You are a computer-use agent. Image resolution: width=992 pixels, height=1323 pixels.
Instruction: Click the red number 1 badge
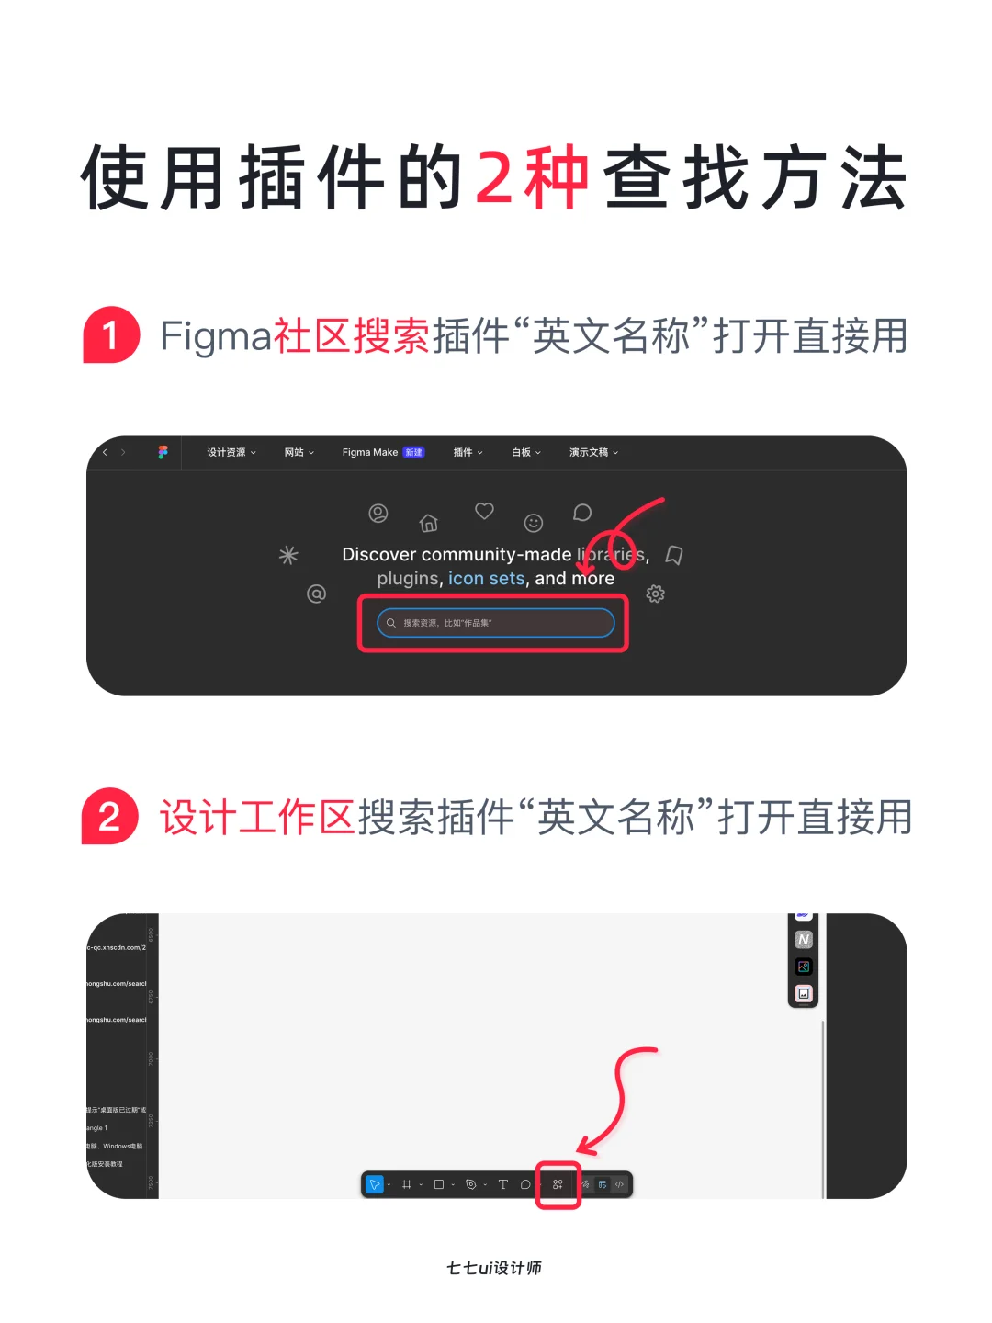click(x=111, y=335)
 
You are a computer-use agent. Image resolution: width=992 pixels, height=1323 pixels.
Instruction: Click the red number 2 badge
click(x=110, y=817)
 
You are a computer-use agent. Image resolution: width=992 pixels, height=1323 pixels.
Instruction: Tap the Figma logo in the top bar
click(x=163, y=452)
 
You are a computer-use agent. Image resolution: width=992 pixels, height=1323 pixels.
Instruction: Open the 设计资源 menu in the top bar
click(x=231, y=452)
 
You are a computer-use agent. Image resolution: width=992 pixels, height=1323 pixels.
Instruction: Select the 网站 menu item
click(x=299, y=452)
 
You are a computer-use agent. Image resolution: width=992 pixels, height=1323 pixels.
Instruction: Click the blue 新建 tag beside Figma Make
click(x=414, y=452)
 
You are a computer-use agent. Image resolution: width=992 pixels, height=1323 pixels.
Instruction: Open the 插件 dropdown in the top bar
click(x=468, y=452)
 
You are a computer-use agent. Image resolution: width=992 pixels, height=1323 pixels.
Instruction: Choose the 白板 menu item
click(x=525, y=452)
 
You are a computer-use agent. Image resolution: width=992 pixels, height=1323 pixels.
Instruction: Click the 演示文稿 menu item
click(x=593, y=452)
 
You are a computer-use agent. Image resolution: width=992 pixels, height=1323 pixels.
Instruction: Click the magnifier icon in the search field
click(x=391, y=623)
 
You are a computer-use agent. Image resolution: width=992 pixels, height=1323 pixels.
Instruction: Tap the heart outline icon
click(x=484, y=511)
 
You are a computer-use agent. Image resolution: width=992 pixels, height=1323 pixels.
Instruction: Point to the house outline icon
click(x=428, y=524)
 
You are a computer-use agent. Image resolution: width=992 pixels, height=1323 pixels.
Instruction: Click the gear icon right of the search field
click(x=655, y=594)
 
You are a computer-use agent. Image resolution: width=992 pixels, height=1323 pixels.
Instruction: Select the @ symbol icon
click(x=316, y=594)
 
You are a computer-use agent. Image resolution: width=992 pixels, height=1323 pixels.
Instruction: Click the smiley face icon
click(x=534, y=523)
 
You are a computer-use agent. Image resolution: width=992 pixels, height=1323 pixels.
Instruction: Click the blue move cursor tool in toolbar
click(x=375, y=1184)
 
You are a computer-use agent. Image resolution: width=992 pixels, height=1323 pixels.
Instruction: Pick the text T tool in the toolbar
click(x=502, y=1184)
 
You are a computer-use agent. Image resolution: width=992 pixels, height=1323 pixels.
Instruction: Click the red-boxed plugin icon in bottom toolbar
click(x=558, y=1184)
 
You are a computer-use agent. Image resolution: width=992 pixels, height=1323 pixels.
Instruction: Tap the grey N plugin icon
click(x=804, y=940)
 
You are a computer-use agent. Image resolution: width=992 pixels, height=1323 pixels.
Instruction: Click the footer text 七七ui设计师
click(x=494, y=1268)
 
